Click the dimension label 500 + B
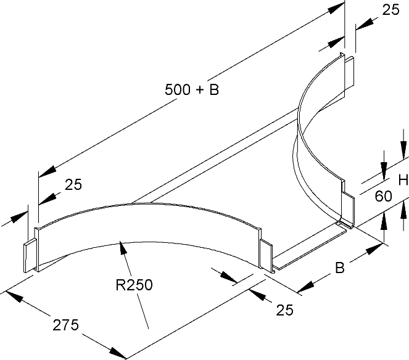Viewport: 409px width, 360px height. coord(192,89)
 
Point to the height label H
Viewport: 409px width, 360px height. coord(403,180)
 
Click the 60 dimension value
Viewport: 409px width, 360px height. coord(383,197)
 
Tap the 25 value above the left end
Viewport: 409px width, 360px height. coord(72,184)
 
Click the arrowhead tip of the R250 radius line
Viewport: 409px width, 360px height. coord(121,242)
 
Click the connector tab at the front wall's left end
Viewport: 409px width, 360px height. coord(29,257)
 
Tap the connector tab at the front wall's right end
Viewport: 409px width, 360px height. coord(265,254)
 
